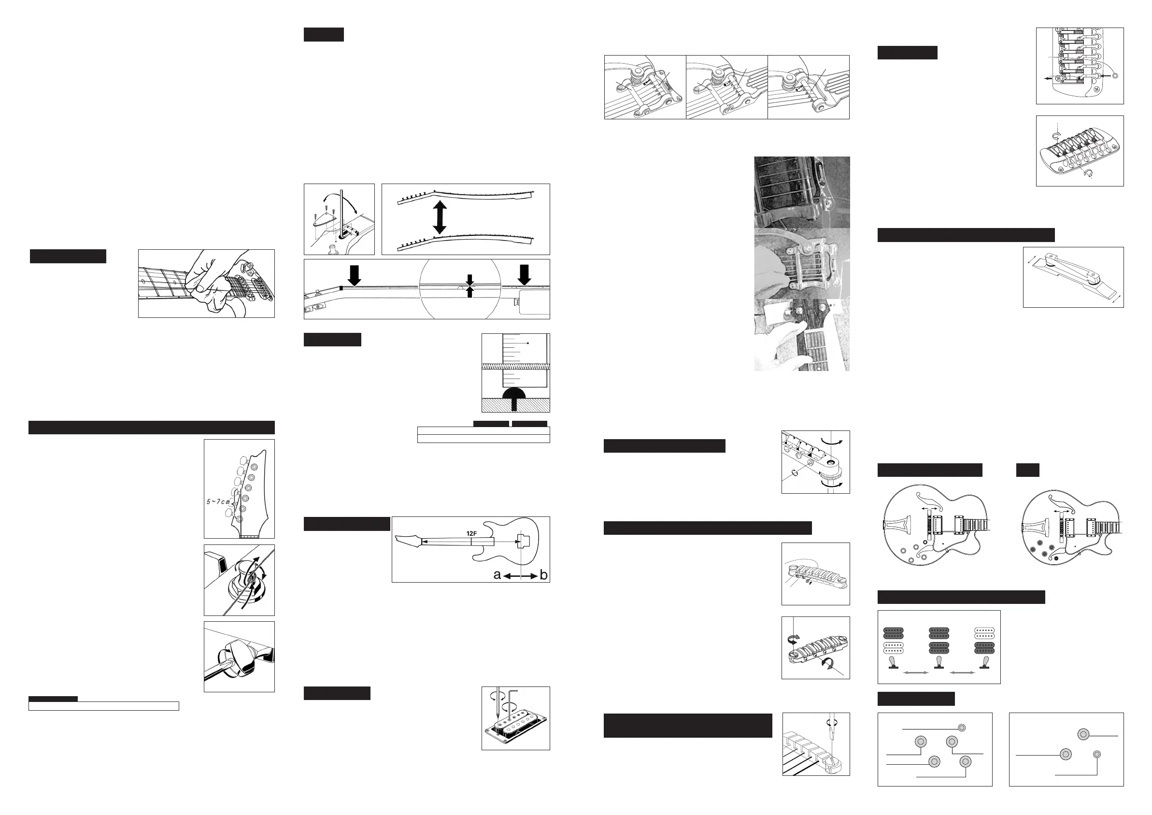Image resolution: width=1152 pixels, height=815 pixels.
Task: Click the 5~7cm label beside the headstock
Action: (x=218, y=501)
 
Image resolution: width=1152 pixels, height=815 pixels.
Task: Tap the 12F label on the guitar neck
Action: (x=471, y=533)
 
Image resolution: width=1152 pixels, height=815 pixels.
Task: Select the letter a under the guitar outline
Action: (x=497, y=575)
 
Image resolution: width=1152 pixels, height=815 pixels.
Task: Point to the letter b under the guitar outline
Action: (x=543, y=575)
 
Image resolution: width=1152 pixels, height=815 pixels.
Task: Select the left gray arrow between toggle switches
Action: (x=916, y=672)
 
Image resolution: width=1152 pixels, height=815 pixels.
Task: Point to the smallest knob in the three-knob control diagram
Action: (x=1097, y=754)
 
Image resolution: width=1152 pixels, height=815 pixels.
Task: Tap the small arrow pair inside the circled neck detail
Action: (x=469, y=286)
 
